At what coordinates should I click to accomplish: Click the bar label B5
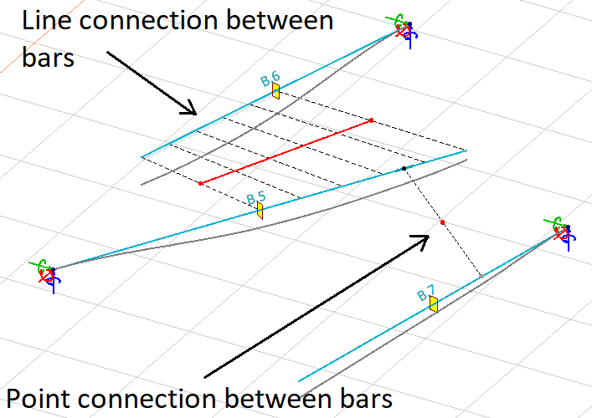255,198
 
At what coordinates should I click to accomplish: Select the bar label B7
426,293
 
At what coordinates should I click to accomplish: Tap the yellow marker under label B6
275,91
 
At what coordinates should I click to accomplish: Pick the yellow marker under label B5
260,211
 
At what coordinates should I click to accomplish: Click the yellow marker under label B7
434,303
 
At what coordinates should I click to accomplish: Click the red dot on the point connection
442,222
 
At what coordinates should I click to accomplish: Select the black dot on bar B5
404,168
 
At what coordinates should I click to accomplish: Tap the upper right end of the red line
371,120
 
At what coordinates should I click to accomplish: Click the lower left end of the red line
200,182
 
